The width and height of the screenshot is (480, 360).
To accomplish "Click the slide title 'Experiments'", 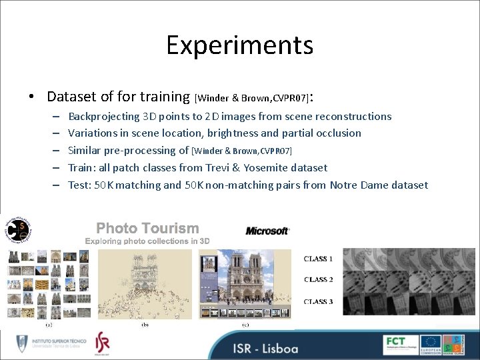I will pyautogui.click(x=239, y=45).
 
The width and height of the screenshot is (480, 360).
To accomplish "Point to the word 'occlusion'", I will pyautogui.click(x=337, y=133).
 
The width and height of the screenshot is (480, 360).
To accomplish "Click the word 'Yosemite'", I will pyautogui.click(x=271, y=168).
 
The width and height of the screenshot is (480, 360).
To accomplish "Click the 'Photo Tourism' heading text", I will pyautogui.click(x=147, y=228).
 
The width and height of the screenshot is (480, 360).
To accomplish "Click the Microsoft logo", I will pyautogui.click(x=267, y=231).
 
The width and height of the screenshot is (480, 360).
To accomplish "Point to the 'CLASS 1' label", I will pyautogui.click(x=318, y=259).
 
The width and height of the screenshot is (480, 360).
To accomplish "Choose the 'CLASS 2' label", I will pyautogui.click(x=318, y=280).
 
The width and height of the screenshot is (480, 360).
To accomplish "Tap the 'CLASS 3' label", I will pyautogui.click(x=318, y=301).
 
